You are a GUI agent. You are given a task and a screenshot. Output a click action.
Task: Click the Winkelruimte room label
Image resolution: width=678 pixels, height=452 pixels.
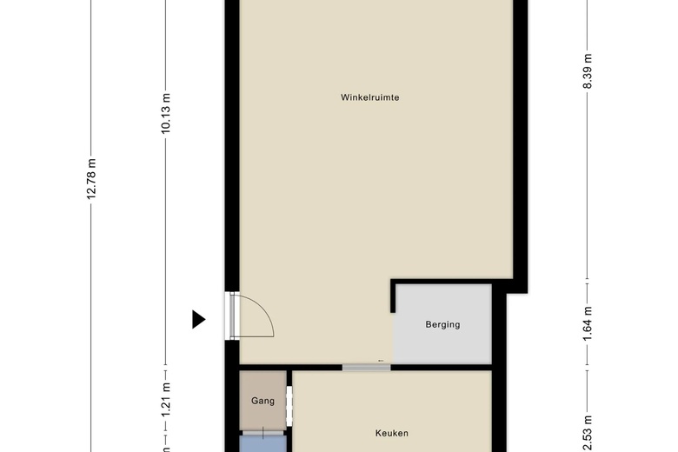click(x=369, y=97)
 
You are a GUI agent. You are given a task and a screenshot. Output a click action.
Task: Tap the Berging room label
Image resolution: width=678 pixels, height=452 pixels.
click(x=442, y=324)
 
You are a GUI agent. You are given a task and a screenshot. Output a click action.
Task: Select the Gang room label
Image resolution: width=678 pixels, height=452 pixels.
click(x=263, y=401)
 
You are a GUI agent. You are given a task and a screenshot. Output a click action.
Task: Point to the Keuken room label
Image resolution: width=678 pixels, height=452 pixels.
click(x=392, y=433)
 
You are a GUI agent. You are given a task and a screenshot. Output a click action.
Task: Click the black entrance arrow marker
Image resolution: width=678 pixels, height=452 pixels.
click(x=198, y=319)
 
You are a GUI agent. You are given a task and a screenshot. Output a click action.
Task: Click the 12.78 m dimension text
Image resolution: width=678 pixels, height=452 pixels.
click(x=91, y=179)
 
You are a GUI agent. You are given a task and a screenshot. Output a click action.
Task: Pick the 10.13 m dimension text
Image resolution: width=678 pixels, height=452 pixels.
click(x=166, y=113)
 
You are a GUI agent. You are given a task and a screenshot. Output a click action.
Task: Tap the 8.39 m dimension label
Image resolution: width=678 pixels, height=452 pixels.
click(x=587, y=71)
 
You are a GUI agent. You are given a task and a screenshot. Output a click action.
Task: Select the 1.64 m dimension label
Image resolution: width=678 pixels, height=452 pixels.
click(x=587, y=323)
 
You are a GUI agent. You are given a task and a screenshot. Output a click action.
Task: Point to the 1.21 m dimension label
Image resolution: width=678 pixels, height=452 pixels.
click(x=166, y=400)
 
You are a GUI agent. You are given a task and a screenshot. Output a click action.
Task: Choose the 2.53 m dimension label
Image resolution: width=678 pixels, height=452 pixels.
click(x=587, y=434)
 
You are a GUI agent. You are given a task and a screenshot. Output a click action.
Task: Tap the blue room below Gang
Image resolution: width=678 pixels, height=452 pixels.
click(x=263, y=444)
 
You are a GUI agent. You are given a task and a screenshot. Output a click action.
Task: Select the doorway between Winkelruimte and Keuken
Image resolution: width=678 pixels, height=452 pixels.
click(x=366, y=368)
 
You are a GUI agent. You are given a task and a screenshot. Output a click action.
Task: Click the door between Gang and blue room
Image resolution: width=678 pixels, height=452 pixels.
click(x=263, y=433)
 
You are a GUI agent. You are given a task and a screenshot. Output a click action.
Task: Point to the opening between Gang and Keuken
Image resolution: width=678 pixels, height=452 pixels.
click(x=289, y=406)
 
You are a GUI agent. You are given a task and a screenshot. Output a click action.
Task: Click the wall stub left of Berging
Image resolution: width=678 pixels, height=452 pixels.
click(x=393, y=296)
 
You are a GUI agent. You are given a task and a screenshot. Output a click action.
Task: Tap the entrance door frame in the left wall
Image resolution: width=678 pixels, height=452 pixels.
click(x=232, y=316)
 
